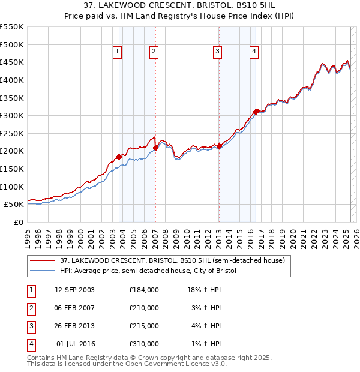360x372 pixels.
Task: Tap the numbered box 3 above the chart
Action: point(217,52)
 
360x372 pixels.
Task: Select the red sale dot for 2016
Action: point(256,112)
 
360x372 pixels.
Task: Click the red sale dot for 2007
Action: point(155,147)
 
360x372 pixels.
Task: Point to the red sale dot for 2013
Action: point(219,145)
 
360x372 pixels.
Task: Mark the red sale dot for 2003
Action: point(119,157)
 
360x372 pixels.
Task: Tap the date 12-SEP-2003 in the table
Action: point(74,290)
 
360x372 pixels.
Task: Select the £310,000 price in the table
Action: point(144,344)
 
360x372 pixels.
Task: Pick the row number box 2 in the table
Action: point(31,308)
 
